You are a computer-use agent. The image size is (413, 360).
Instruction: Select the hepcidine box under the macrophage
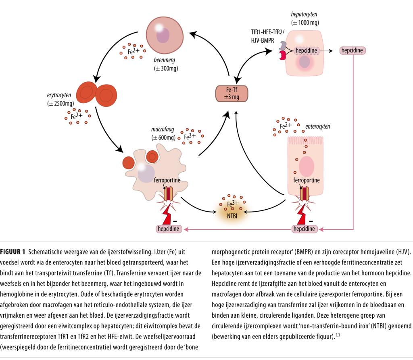click(169, 229)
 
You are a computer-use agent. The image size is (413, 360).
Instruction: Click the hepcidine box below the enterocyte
click(305, 229)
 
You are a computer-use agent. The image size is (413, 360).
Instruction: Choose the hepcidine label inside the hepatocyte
click(307, 51)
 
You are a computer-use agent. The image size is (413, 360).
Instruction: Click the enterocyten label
click(317, 127)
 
